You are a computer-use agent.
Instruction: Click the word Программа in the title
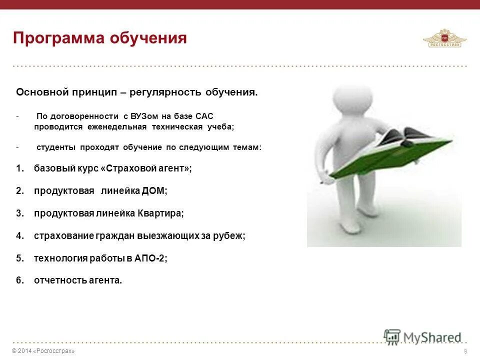(x=59, y=38)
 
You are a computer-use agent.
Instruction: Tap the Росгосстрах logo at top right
(x=444, y=38)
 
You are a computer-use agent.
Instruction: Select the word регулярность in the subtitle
(x=165, y=92)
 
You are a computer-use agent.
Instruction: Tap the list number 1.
(x=19, y=168)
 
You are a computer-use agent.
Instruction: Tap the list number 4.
(x=19, y=236)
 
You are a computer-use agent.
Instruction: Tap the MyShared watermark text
(x=432, y=337)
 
